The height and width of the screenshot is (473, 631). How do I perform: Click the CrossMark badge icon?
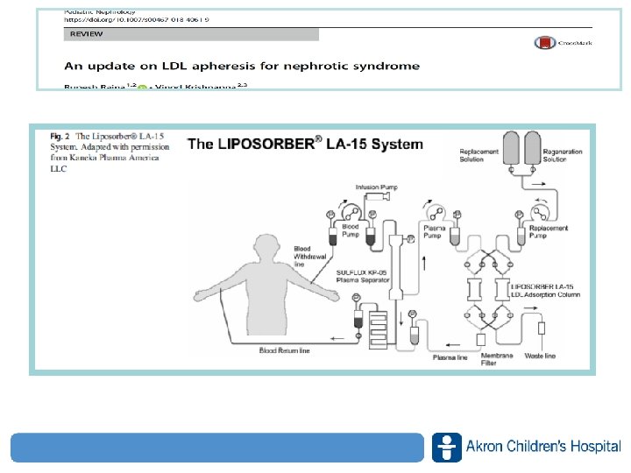(x=563, y=42)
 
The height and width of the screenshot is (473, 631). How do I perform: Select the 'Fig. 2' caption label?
(x=60, y=137)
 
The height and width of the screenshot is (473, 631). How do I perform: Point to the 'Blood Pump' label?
(x=351, y=231)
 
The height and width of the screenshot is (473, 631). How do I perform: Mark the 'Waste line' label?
(x=537, y=357)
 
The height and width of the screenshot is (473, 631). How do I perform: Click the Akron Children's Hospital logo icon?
(x=446, y=447)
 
